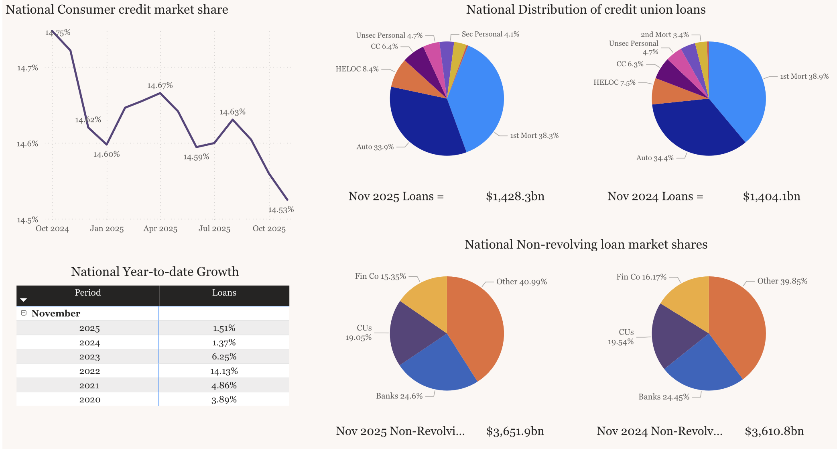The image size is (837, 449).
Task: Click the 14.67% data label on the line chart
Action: (160, 86)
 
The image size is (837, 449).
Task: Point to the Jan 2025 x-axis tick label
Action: (107, 229)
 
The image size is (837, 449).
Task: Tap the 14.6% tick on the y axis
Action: (27, 144)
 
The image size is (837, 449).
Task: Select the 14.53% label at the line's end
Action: (281, 210)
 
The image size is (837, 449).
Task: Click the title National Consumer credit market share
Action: (117, 10)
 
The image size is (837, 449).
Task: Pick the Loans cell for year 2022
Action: (224, 371)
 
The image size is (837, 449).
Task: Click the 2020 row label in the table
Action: (89, 400)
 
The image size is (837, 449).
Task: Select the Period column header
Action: (87, 293)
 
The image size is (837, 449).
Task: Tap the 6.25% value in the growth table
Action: (224, 357)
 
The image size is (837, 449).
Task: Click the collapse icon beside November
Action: (24, 313)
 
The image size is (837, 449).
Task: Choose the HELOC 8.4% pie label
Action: (357, 69)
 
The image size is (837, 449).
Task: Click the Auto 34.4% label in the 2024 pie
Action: (655, 158)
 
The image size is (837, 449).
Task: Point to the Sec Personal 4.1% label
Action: (490, 34)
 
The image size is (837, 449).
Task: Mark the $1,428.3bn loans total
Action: (515, 196)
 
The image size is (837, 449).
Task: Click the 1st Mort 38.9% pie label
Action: (804, 76)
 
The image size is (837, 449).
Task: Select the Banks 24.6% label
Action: (399, 396)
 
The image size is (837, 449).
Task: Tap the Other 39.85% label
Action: (782, 281)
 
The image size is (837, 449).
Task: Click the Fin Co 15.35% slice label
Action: (380, 276)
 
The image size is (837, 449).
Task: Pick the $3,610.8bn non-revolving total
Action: (774, 431)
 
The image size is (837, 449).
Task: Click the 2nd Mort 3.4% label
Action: (664, 35)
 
